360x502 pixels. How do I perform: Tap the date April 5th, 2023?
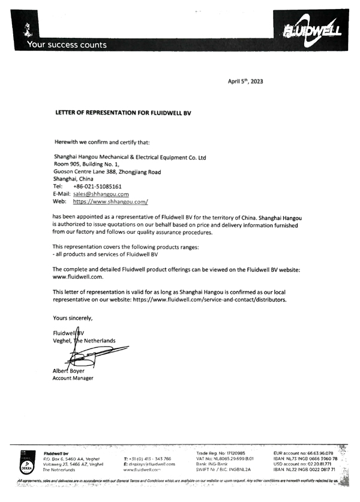point(245,81)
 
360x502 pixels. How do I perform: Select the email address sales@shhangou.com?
point(101,194)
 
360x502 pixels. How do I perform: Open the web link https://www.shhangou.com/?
point(110,202)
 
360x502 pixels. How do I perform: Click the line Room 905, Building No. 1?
point(86,164)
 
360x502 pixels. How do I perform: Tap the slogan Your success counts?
point(67,45)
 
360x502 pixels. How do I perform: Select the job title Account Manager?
point(73,378)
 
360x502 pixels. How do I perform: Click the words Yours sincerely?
point(73,318)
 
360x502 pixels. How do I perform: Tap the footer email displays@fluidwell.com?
point(149,464)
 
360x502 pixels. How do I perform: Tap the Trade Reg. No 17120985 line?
point(220,453)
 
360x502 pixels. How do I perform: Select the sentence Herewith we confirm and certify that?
point(101,143)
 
